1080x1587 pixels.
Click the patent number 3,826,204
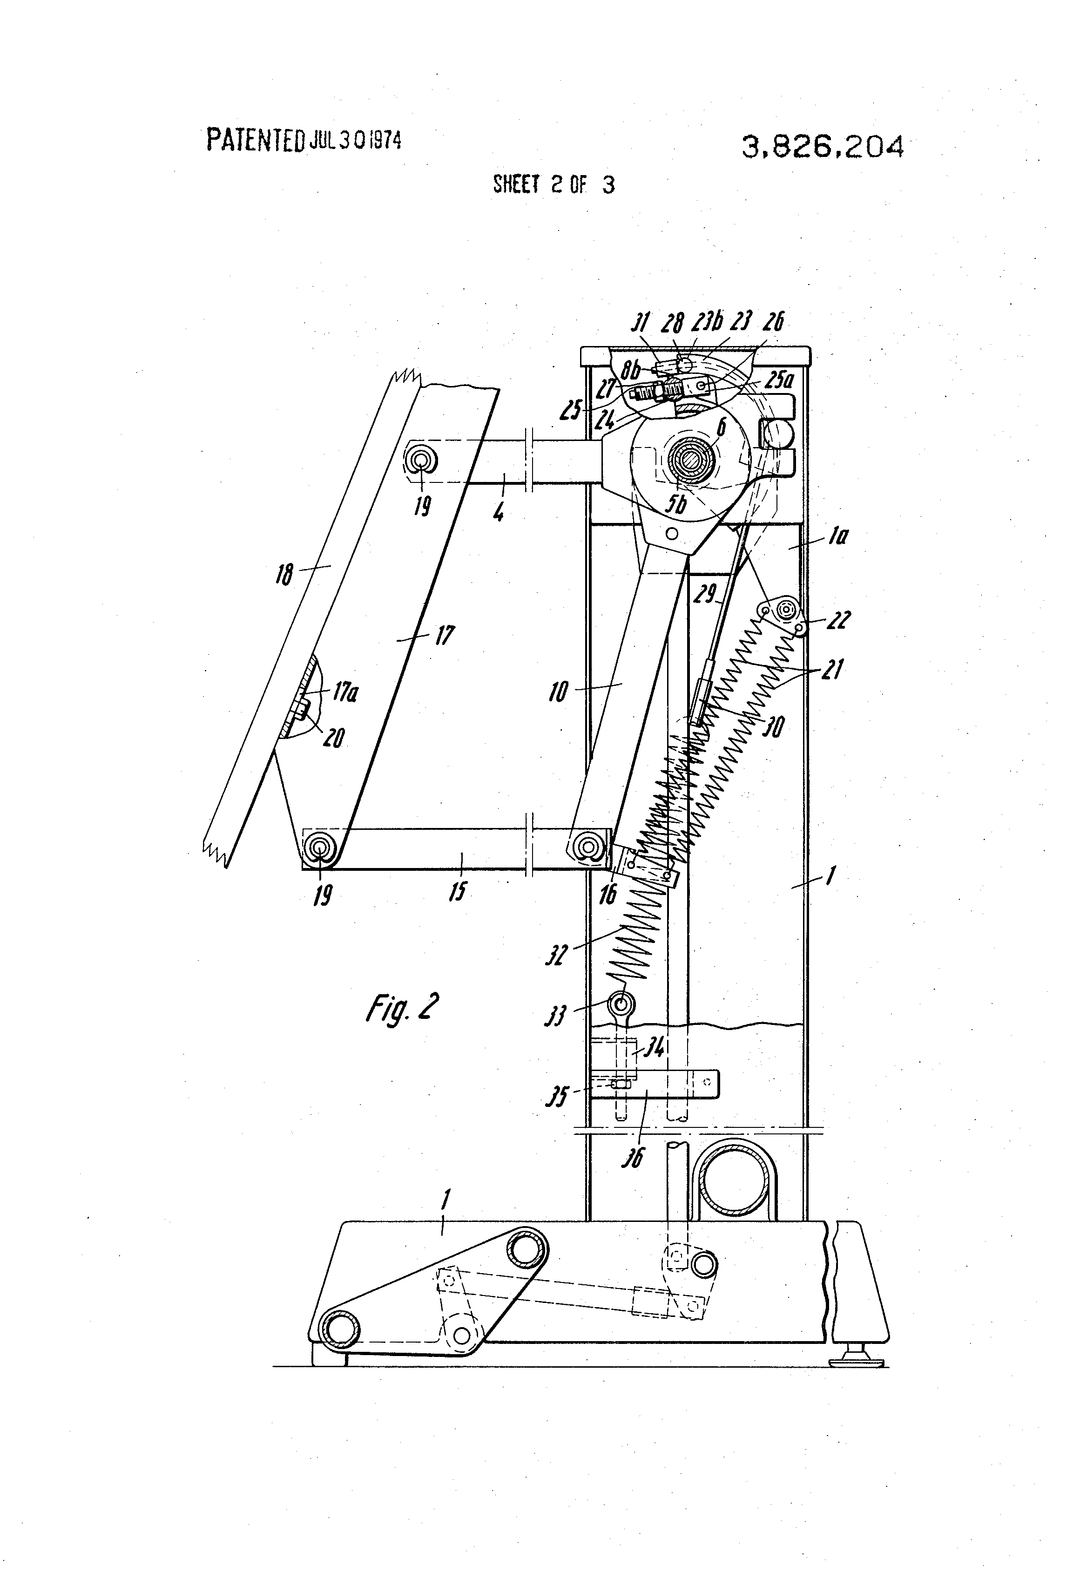(822, 147)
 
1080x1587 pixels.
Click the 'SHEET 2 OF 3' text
(553, 185)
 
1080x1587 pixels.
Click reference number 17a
(345, 693)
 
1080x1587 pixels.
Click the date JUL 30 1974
(355, 141)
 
